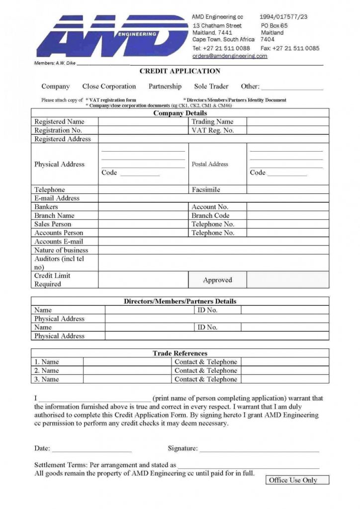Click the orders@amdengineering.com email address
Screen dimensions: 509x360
click(230, 56)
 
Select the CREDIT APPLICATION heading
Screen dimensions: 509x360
click(180, 71)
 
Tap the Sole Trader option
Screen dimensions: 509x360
click(211, 86)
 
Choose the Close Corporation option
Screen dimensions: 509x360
click(109, 86)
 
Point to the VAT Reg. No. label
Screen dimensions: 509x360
click(212, 130)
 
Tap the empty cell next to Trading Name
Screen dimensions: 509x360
click(287, 122)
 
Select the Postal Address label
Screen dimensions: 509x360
click(210, 164)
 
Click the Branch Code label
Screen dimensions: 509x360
click(210, 216)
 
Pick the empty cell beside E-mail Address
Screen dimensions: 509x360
click(213, 198)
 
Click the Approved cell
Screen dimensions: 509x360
click(217, 280)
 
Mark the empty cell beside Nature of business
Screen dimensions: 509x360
click(213, 250)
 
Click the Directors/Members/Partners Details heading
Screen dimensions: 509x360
click(180, 301)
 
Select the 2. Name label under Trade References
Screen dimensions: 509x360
click(46, 370)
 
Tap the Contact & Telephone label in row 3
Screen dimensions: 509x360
click(205, 379)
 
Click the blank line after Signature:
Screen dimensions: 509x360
click(259, 449)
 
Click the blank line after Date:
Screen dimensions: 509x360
click(92, 449)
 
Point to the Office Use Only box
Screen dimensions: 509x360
click(292, 480)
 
